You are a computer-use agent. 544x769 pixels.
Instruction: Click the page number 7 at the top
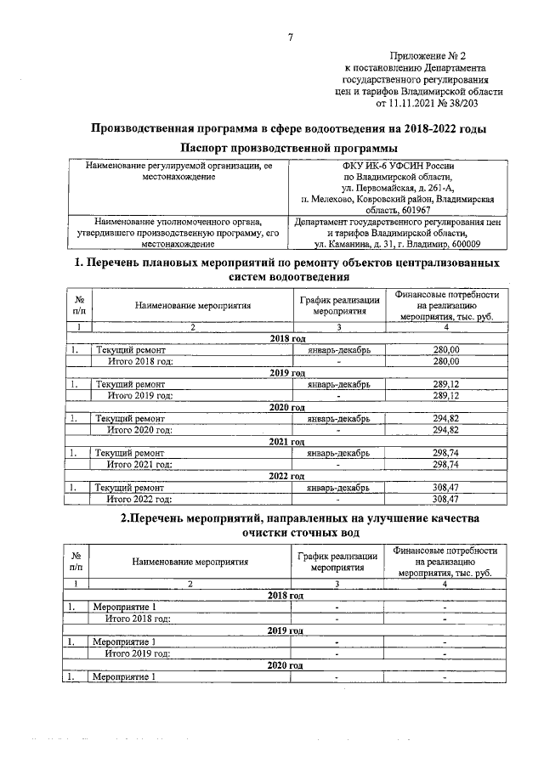[290, 37]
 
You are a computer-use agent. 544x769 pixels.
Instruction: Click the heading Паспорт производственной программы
[289, 149]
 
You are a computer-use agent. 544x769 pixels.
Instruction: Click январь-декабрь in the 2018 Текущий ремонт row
[337, 350]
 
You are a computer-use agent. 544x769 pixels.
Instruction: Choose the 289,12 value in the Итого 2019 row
[445, 395]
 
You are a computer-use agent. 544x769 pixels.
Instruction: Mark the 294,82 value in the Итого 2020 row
[445, 430]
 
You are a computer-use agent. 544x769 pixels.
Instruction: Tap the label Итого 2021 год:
[139, 465]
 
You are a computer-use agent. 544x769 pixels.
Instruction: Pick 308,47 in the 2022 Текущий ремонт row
[445, 488]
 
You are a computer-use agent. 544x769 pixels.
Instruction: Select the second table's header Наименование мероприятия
[190, 562]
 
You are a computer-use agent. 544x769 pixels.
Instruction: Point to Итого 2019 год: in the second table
[138, 653]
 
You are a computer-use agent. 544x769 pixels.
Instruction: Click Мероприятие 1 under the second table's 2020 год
[124, 676]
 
